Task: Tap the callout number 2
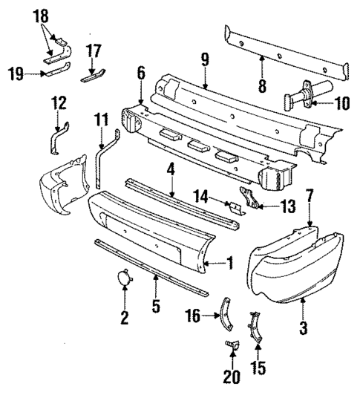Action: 125,319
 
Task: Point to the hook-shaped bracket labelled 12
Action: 57,139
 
